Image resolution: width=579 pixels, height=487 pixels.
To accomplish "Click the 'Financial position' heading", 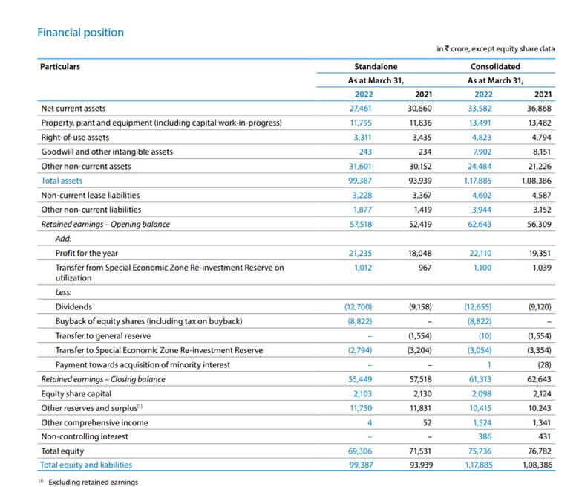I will (80, 33).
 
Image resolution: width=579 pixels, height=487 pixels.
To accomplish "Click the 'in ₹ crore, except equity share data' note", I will (495, 49).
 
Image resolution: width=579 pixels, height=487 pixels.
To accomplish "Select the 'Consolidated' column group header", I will (495, 66).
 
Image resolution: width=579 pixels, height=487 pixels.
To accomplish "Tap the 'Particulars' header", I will (60, 66).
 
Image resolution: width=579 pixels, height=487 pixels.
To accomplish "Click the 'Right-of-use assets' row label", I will (75, 138).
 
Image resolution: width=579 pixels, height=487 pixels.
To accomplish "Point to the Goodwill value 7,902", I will (482, 152).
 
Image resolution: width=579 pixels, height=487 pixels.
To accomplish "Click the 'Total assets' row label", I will (62, 181).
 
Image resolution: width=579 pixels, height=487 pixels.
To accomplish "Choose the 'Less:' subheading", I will (64, 292).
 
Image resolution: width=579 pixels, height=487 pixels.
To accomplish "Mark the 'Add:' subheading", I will (64, 239).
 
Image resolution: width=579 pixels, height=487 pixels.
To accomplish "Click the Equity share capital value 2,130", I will (421, 393).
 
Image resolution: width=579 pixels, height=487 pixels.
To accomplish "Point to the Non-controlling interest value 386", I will (484, 436).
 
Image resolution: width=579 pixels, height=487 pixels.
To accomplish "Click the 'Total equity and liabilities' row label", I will (86, 465).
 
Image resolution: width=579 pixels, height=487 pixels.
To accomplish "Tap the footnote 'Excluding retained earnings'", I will (93, 482).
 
